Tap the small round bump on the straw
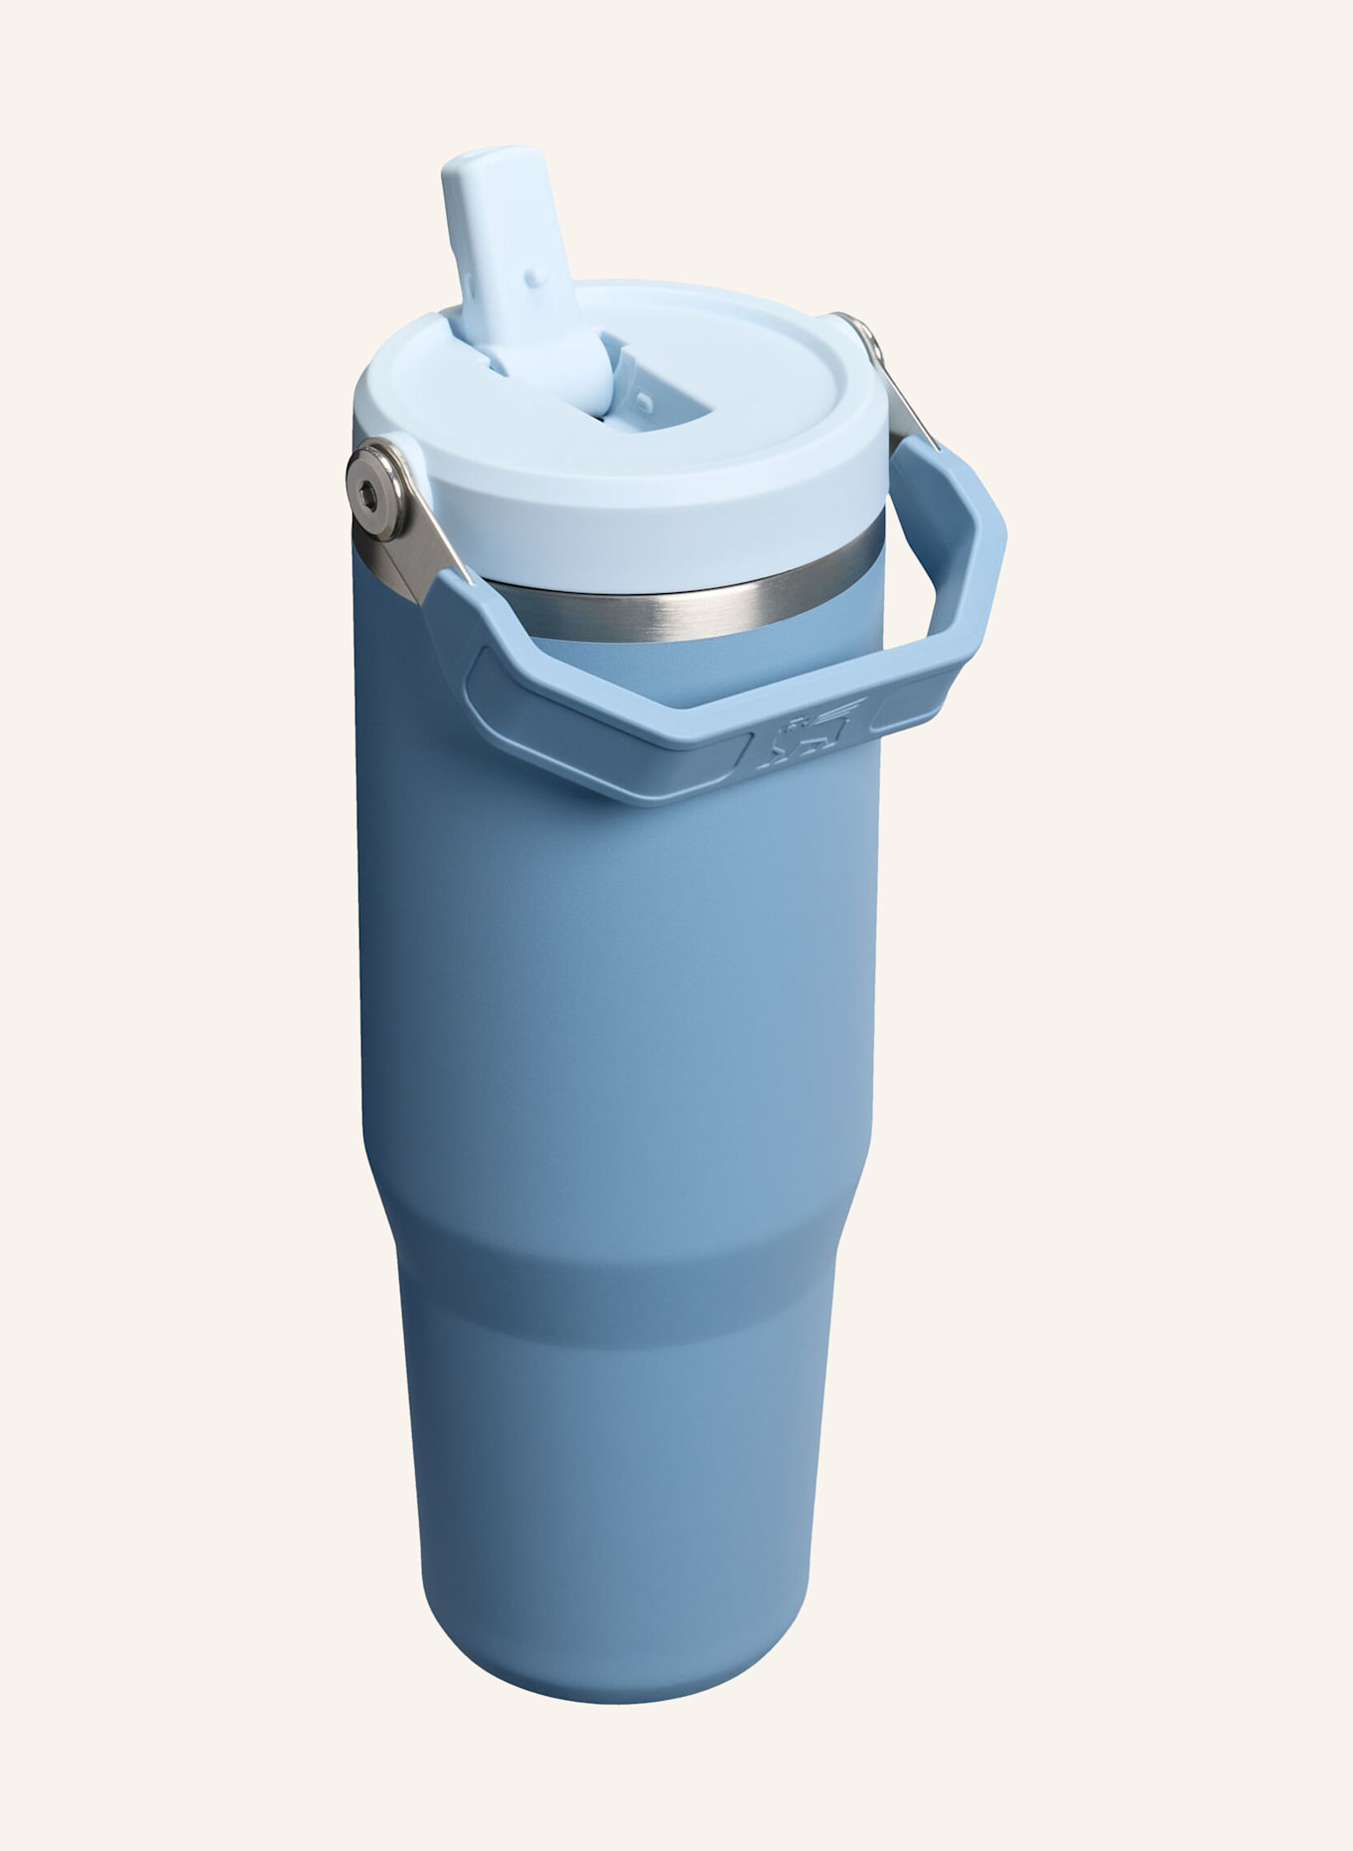coord(535,270)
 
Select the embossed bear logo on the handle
coord(808,737)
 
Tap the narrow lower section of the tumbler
coord(617,1493)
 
